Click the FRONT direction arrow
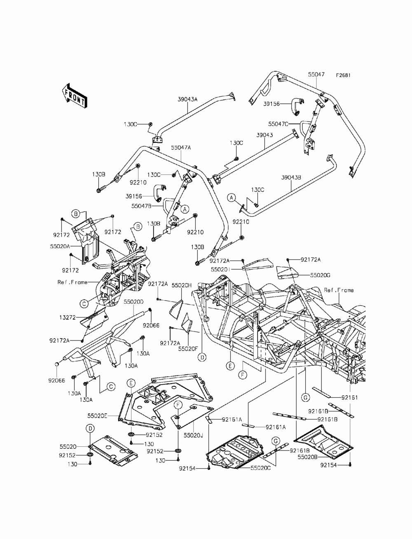(x=74, y=96)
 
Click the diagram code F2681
(x=343, y=75)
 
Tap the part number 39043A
(x=187, y=99)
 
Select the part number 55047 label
(x=316, y=75)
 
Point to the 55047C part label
(x=278, y=124)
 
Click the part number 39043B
(x=291, y=177)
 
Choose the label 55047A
(x=181, y=147)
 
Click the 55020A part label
(x=60, y=246)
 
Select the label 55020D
(x=133, y=301)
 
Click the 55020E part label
(x=98, y=416)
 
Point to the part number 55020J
(x=194, y=435)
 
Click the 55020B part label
(x=308, y=457)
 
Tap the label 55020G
(x=320, y=275)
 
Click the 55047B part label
(x=141, y=206)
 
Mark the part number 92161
(x=349, y=397)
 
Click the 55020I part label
(x=220, y=269)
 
